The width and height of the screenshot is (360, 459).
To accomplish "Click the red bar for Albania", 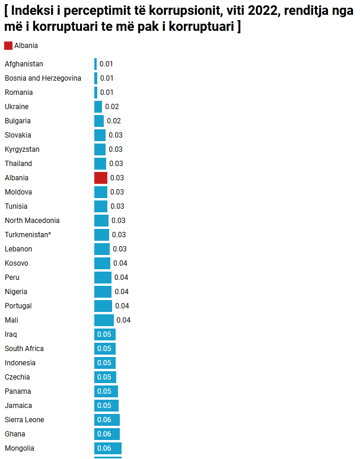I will pyautogui.click(x=101, y=178).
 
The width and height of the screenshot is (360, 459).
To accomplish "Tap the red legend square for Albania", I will pyautogui.click(x=8, y=46).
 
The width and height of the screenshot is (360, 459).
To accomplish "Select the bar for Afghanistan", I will pyautogui.click(x=95, y=64).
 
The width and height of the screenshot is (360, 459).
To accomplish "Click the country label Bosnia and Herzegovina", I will pyautogui.click(x=43, y=78).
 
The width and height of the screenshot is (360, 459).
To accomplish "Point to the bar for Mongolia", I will pyautogui.click(x=108, y=448).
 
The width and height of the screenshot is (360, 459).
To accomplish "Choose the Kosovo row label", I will pyautogui.click(x=17, y=263).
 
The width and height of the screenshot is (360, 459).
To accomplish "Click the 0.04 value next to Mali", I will pyautogui.click(x=123, y=320).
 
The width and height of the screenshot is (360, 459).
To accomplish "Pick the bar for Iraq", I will pyautogui.click(x=105, y=334).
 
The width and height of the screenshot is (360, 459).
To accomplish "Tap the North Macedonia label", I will pyautogui.click(x=32, y=221).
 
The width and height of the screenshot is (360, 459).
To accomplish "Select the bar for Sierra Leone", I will pyautogui.click(x=107, y=420).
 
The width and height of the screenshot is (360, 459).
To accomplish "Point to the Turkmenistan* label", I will pyautogui.click(x=28, y=235).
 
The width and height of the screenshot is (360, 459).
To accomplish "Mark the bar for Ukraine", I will pyautogui.click(x=98, y=107).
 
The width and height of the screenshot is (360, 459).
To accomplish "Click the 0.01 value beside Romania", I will pyautogui.click(x=107, y=93).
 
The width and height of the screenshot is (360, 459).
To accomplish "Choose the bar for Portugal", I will pyautogui.click(x=103, y=306).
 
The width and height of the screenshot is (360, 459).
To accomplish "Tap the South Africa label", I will pyautogui.click(x=24, y=349).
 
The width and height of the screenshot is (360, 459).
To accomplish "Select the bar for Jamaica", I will pyautogui.click(x=106, y=406).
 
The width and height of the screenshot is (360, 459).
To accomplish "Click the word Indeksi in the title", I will pyautogui.click(x=33, y=11).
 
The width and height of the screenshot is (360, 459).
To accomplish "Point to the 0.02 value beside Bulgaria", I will pyautogui.click(x=114, y=121).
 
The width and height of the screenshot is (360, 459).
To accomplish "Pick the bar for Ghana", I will pyautogui.click(x=107, y=434).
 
